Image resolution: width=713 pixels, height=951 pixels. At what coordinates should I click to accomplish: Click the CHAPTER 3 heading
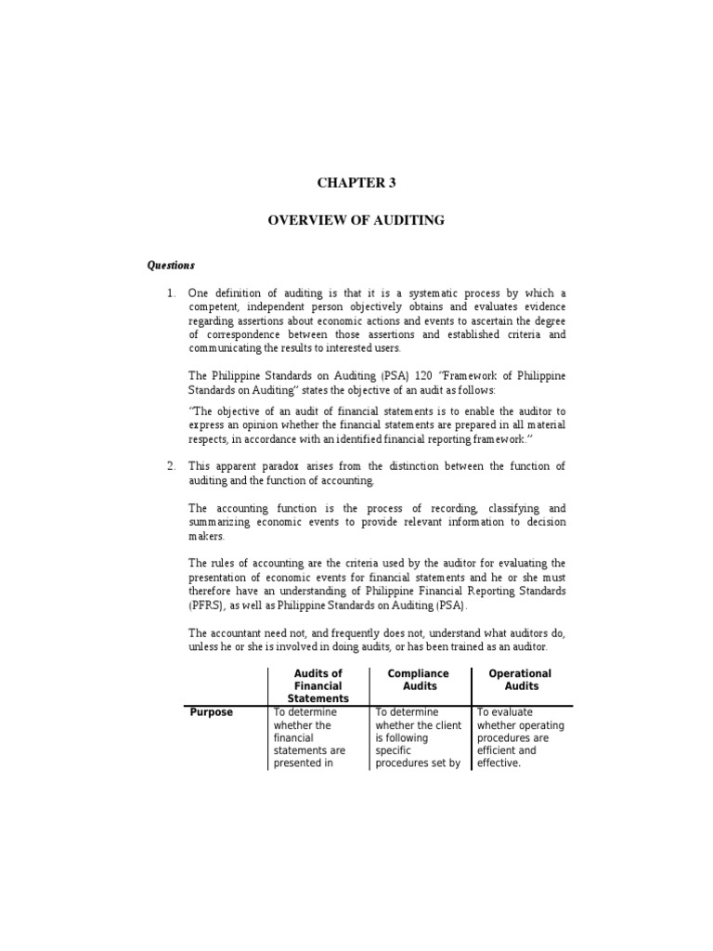356,182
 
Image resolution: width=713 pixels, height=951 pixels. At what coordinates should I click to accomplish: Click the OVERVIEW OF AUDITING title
356,220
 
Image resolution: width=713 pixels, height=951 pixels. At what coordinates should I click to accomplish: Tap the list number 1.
170,293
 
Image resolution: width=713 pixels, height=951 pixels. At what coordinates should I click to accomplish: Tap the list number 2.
170,465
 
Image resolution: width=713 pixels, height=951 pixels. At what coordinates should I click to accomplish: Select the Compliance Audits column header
420,680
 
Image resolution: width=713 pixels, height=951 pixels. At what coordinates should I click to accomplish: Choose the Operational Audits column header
521,680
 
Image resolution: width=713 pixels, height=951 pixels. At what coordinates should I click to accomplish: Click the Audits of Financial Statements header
318,685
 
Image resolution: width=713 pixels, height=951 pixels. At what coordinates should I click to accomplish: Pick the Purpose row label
212,712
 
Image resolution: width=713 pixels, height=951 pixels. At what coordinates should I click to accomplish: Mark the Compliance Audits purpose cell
418,738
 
